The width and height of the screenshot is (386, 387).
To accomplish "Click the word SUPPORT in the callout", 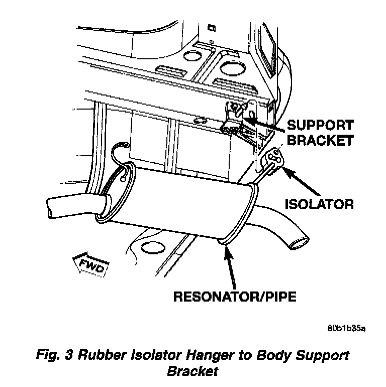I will click(320, 124).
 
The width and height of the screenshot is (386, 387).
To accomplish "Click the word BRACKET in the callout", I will click(320, 140).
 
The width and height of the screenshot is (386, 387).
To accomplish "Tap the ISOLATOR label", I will click(319, 204).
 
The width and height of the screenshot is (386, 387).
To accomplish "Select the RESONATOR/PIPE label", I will click(234, 296).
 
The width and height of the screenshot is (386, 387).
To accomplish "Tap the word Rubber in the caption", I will click(96, 355).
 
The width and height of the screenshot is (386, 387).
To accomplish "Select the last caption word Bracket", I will click(192, 372).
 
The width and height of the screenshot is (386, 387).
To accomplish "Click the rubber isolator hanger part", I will click(275, 158).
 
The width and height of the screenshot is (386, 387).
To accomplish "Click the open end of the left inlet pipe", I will click(51, 208).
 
